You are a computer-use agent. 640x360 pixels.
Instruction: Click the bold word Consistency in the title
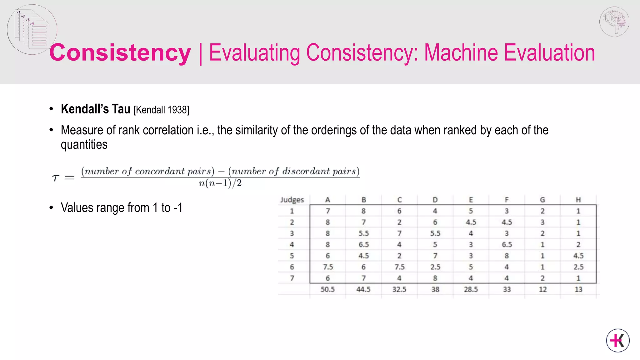(120, 52)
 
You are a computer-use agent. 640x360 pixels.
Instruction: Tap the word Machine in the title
(461, 52)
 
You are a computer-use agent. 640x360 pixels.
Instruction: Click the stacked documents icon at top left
(32, 29)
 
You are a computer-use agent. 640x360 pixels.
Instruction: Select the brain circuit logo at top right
(614, 21)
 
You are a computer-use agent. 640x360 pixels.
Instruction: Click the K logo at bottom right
(618, 340)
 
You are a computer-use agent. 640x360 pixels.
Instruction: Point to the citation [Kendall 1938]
(161, 110)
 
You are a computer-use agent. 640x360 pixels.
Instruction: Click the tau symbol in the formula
(55, 178)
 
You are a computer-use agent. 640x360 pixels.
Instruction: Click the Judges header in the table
(292, 200)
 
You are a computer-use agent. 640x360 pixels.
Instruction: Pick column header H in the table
(578, 200)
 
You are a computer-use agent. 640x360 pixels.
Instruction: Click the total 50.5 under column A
(327, 289)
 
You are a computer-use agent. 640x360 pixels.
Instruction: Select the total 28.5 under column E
(471, 289)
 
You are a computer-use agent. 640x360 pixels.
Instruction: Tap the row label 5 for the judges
(292, 256)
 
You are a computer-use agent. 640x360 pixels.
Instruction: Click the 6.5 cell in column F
(507, 244)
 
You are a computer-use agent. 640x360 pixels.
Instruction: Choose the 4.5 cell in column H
(578, 256)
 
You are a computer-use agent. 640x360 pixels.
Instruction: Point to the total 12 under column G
(542, 289)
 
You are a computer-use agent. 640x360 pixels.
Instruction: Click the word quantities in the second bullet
(84, 145)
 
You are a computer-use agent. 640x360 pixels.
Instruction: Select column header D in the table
(435, 200)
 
